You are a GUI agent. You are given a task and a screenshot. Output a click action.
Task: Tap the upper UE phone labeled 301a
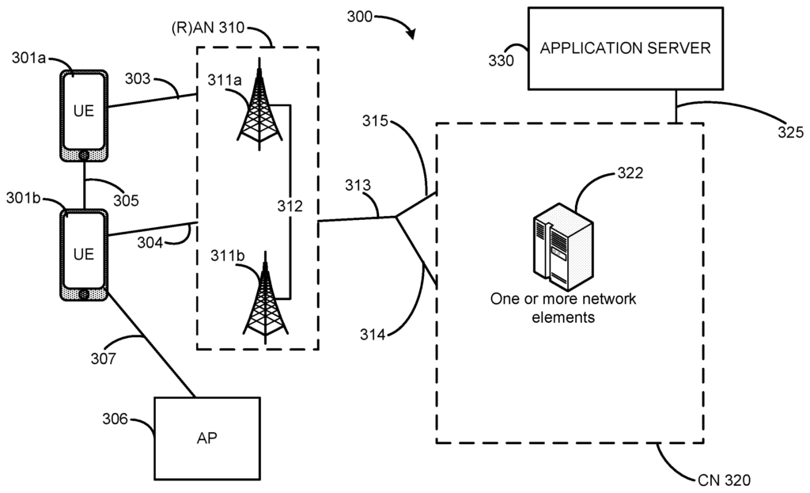coord(84,115)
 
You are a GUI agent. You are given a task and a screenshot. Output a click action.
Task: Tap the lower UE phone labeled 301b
coord(84,254)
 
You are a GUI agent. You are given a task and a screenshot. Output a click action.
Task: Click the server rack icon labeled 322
coord(561,242)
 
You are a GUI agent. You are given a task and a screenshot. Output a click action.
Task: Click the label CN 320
coord(722,480)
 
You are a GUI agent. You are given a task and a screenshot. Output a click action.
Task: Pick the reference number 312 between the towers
coord(290,207)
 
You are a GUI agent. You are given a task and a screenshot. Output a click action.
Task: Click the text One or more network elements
coord(563,307)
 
